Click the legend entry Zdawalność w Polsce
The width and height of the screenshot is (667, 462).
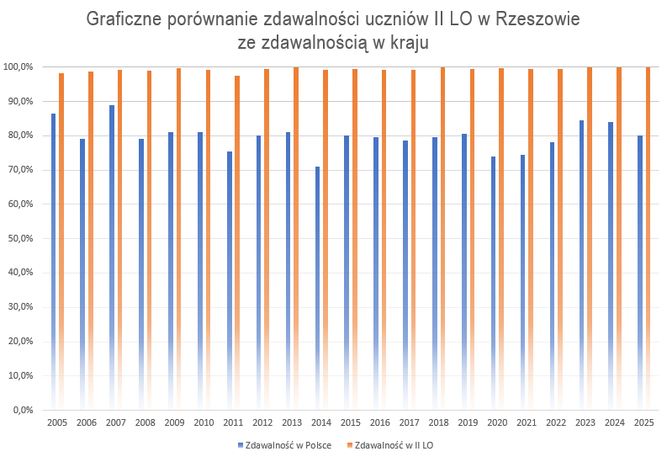(289, 444)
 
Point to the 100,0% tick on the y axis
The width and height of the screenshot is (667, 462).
(18, 66)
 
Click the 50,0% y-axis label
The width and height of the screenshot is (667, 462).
(19, 238)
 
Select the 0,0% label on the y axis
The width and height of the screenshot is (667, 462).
(21, 410)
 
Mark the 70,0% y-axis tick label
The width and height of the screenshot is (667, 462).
(19, 170)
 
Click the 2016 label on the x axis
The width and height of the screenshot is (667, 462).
(380, 422)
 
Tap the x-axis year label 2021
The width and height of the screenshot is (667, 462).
(527, 422)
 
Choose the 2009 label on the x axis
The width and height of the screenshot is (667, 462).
(175, 422)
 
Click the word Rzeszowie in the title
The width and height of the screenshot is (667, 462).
(535, 19)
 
